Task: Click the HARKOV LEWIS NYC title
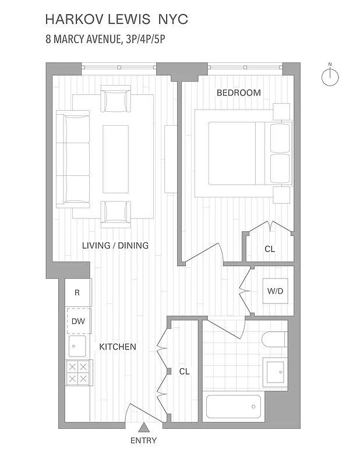click(x=117, y=20)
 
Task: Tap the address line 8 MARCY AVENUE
click(x=109, y=40)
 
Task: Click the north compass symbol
click(x=330, y=76)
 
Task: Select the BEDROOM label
click(x=238, y=93)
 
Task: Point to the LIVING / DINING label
click(x=115, y=245)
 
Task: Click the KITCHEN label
click(x=118, y=347)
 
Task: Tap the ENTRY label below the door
click(x=143, y=440)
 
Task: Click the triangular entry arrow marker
click(x=143, y=428)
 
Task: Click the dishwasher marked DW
click(x=77, y=320)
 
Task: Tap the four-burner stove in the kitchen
click(x=77, y=372)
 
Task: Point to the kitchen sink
click(x=77, y=345)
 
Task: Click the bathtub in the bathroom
click(x=234, y=407)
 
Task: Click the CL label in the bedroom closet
click(x=270, y=249)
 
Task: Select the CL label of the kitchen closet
click(x=184, y=371)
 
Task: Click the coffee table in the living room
click(x=115, y=160)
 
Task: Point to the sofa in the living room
click(x=73, y=160)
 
